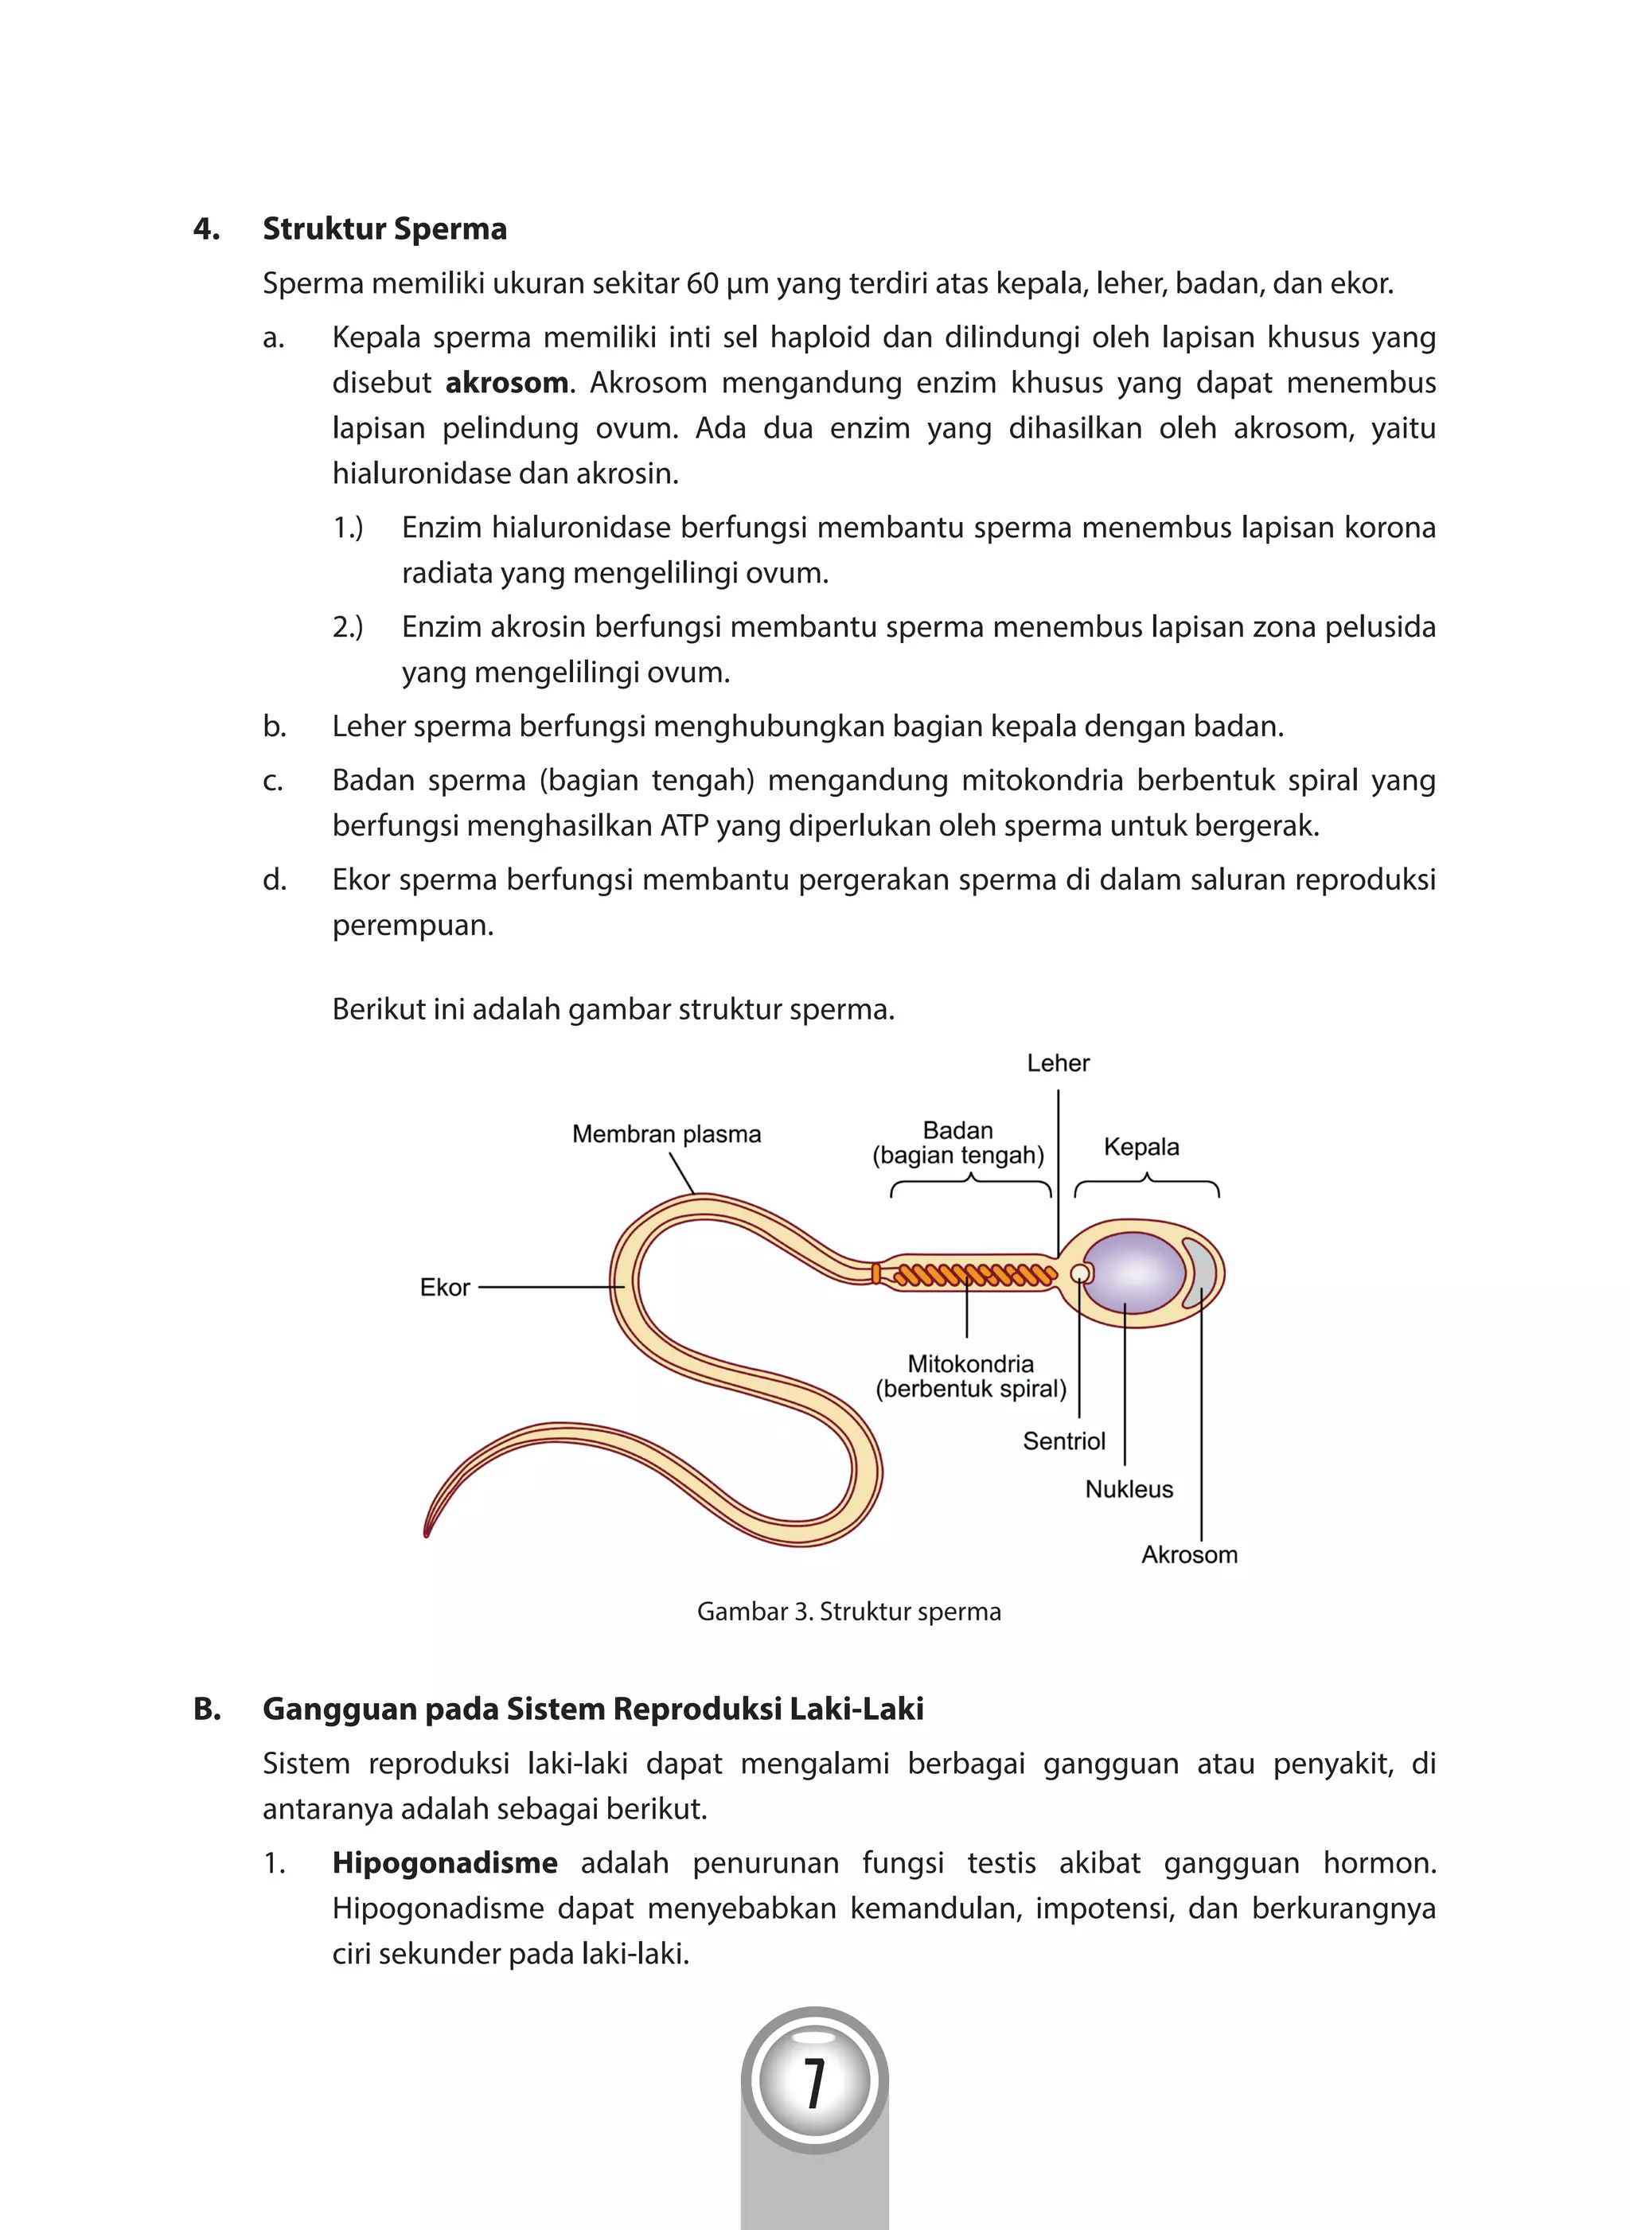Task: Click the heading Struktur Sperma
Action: click(x=384, y=229)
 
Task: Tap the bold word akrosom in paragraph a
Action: click(x=506, y=383)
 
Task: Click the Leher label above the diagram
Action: click(x=1058, y=1062)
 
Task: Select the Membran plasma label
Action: click(x=666, y=1134)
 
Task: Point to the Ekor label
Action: click(x=444, y=1287)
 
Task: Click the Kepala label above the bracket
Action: click(x=1141, y=1147)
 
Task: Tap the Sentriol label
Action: click(x=1063, y=1441)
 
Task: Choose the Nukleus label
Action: click(x=1129, y=1489)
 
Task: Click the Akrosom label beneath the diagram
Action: click(x=1189, y=1554)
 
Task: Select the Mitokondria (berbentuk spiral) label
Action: click(x=971, y=1377)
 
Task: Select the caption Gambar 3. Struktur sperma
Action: click(x=848, y=1612)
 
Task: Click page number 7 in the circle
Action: click(x=814, y=2083)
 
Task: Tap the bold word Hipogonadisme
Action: click(x=444, y=1863)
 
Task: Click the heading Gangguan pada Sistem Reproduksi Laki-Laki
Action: click(x=592, y=1709)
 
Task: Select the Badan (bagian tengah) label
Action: click(x=957, y=1143)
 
